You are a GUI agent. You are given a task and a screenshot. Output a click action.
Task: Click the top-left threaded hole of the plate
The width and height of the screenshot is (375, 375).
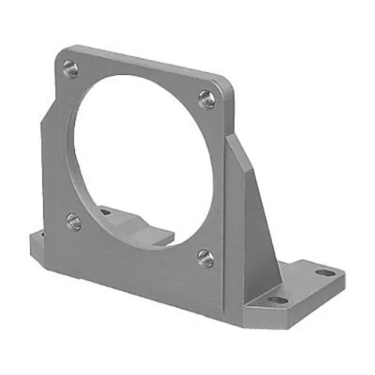(69, 69)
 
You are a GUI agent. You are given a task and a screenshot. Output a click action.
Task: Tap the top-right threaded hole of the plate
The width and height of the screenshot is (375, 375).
(207, 99)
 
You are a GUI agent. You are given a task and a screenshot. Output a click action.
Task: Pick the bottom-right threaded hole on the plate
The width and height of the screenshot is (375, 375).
(205, 257)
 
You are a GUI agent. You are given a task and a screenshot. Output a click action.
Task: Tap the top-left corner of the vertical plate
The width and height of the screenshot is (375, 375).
(60, 54)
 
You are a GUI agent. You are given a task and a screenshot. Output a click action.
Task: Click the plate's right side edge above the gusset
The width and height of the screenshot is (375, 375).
(232, 110)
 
